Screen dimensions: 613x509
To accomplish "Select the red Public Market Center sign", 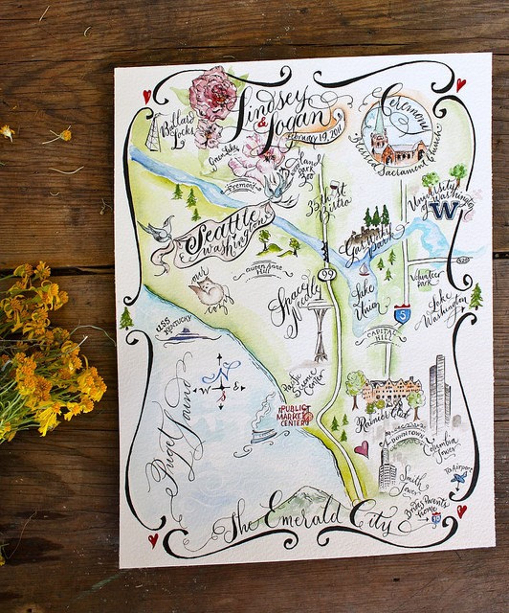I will coord(292,416).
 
